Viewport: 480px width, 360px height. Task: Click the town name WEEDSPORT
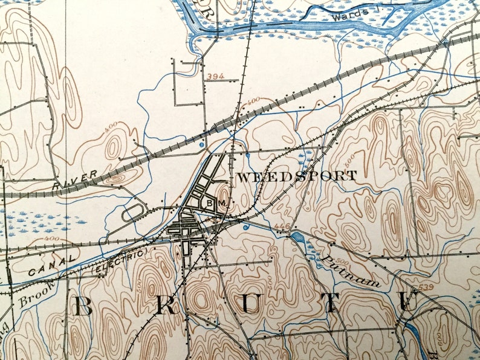[x=296, y=176]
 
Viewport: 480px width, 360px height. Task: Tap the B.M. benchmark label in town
[x=216, y=204]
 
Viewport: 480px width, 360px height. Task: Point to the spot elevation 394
[x=212, y=76]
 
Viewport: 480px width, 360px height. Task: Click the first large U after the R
[x=248, y=306]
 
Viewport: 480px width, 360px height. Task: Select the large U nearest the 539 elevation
[x=409, y=304]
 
